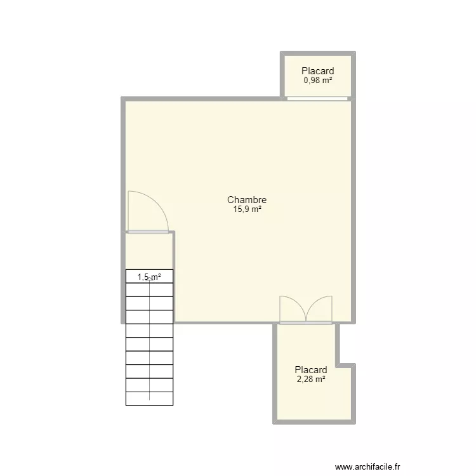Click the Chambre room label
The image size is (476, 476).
(247, 200)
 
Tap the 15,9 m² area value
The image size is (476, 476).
(247, 209)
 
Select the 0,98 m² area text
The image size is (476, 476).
(317, 81)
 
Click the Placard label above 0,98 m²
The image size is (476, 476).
(317, 71)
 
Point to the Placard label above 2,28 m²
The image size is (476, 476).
(311, 370)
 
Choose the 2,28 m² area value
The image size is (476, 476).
(311, 379)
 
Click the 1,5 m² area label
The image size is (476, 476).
(149, 277)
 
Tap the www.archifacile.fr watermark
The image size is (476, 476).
(367, 466)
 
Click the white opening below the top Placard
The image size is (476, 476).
(317, 98)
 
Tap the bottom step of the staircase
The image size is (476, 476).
(149, 399)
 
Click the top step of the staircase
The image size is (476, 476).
(149, 276)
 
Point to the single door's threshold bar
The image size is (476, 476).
(148, 232)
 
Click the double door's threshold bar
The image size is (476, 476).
(306, 323)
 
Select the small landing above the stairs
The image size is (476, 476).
(149, 251)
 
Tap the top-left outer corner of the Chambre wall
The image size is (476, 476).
(121, 97)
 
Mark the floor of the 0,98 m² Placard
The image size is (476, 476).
(317, 76)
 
